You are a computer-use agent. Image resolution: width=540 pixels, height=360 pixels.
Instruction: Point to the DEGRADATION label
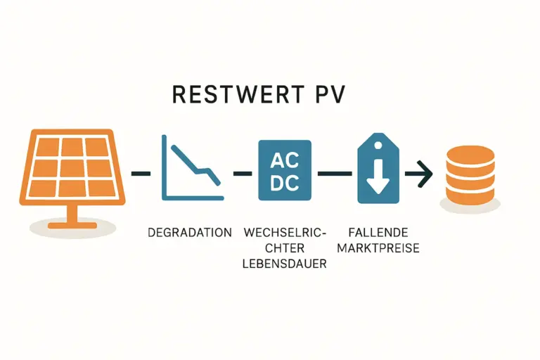tap(190, 232)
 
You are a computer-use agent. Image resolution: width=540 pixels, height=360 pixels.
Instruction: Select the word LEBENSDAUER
tap(285, 264)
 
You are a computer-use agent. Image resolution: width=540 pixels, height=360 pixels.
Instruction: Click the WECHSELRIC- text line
tap(285, 232)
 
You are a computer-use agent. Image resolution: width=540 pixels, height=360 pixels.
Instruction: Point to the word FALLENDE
tap(377, 232)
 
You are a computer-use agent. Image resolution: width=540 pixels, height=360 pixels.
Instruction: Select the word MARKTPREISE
tap(378, 247)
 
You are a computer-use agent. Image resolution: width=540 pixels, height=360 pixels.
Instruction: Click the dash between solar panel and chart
tap(141, 173)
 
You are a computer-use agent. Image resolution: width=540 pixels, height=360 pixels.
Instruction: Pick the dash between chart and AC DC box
tap(243, 173)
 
